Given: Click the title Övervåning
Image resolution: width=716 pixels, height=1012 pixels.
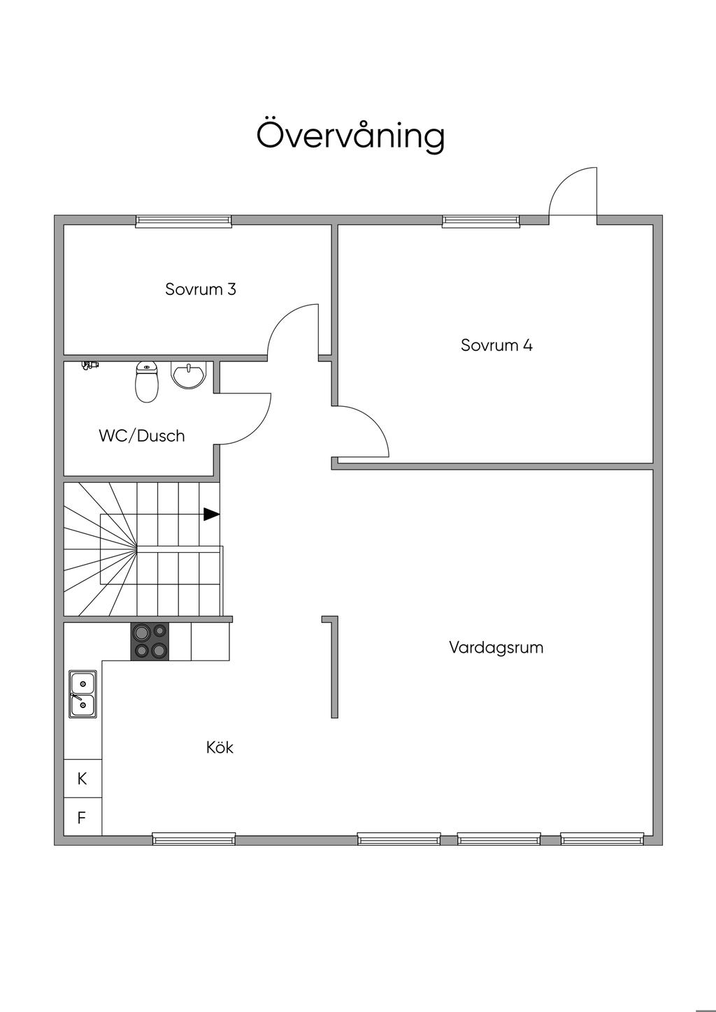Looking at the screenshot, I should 350,135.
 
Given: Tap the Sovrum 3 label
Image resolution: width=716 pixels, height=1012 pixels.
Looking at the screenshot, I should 201,289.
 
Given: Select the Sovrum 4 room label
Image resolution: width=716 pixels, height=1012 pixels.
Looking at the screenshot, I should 496,345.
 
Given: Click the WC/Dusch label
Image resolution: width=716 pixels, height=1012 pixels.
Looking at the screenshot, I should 142,435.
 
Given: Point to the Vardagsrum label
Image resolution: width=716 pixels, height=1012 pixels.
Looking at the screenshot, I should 496,647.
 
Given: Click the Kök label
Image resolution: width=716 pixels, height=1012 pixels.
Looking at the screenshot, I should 220,747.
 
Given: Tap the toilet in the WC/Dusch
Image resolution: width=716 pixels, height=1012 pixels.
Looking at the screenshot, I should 147,383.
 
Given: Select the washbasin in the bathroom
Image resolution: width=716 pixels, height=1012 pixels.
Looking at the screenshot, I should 188,375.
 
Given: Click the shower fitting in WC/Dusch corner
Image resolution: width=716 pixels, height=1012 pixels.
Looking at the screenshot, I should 89,365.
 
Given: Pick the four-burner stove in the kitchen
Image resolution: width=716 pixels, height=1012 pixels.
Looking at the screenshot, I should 150,642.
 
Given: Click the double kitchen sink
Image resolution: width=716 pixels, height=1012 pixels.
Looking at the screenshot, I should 83,694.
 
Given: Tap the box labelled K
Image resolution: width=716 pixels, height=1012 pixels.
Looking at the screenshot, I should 83,779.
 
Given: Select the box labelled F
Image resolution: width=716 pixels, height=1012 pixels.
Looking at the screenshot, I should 83,817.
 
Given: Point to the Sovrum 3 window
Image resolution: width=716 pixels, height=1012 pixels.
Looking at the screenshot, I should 184,221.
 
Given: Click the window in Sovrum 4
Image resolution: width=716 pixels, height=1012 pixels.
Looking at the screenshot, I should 481,221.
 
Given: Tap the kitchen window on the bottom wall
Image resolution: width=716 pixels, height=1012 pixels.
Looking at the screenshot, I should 194,839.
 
